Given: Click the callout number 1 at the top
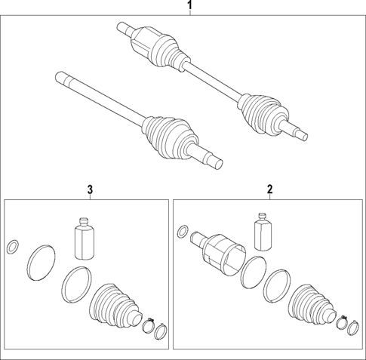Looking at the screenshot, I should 189,7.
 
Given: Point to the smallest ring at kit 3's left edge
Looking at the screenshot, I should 13,247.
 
